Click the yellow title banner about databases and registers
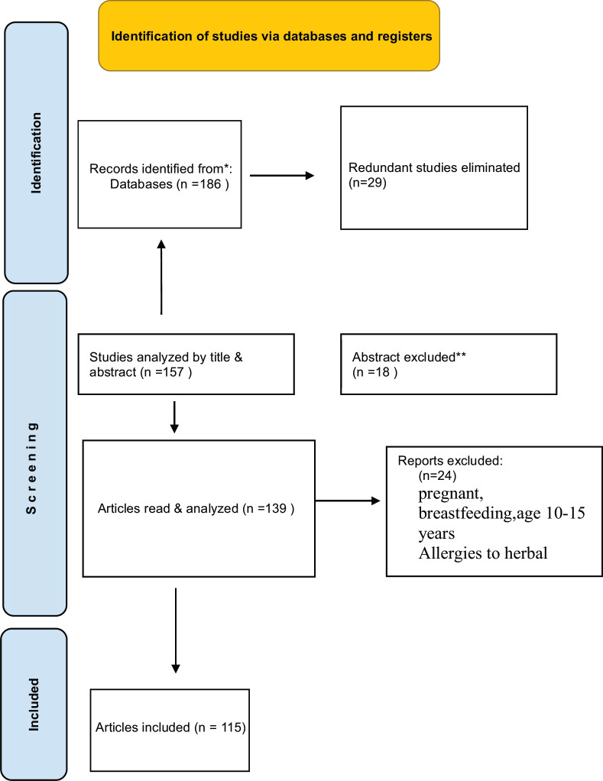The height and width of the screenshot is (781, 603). coord(269,36)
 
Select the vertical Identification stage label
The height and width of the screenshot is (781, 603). coord(36,153)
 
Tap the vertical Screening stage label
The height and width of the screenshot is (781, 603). coord(31,468)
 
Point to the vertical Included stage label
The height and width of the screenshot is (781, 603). coord(34,705)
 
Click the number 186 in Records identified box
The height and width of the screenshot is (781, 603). coord(210,184)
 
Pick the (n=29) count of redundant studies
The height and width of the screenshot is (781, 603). coord(368,183)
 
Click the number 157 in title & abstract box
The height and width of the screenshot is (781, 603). coord(173,372)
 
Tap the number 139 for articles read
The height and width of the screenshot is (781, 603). coord(276,508)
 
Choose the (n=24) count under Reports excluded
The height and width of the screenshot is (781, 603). coord(437,475)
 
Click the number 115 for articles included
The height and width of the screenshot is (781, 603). coord(231,728)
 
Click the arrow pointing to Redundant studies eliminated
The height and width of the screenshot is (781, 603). coord(282,175)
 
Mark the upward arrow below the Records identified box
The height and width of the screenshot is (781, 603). coord(161,277)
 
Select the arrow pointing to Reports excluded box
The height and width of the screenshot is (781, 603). coord(348,501)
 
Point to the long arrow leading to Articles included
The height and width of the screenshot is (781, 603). coord(175,630)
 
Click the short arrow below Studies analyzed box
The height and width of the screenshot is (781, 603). coord(174,417)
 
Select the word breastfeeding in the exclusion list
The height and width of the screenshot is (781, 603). coord(466,514)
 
